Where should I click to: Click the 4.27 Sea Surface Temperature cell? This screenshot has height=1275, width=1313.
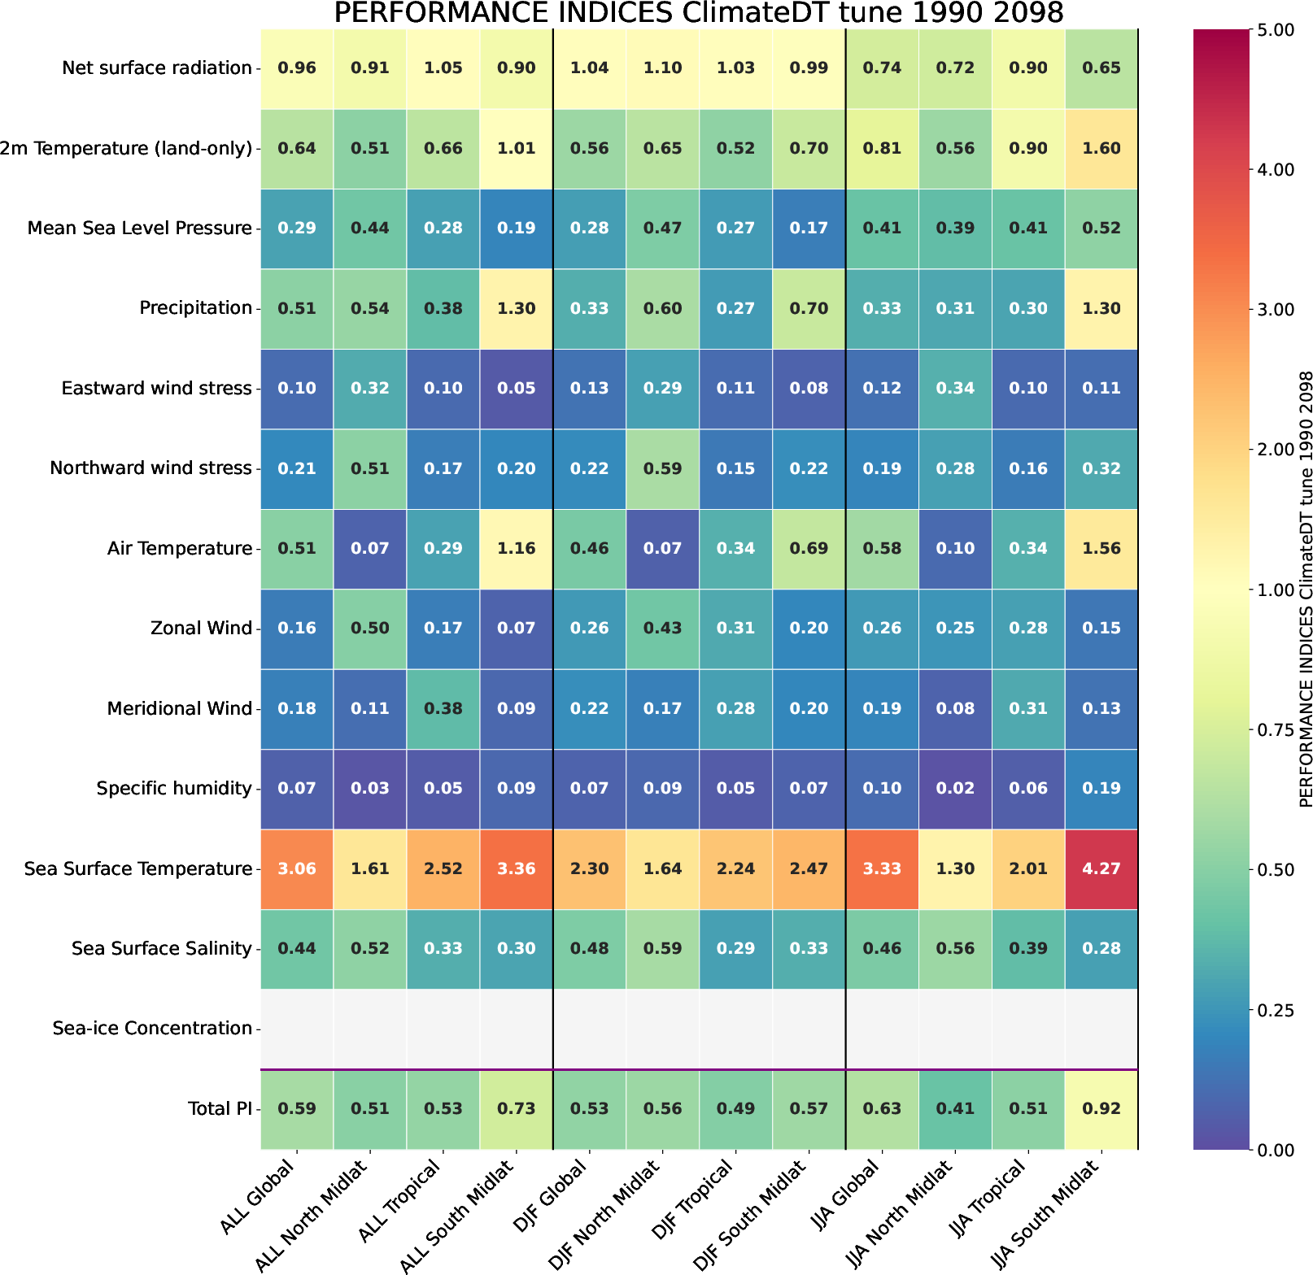click(1101, 868)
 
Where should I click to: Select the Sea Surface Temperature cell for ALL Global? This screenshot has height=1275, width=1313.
click(297, 868)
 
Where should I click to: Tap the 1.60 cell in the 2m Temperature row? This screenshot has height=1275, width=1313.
click(1101, 148)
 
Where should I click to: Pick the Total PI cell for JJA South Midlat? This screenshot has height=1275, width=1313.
click(1101, 1108)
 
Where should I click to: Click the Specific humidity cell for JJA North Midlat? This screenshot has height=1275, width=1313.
click(955, 788)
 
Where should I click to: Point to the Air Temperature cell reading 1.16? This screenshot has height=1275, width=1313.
click(517, 548)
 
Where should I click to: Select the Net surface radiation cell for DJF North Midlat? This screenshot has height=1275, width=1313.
click(663, 68)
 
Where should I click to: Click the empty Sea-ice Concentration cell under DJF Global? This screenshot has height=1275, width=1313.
click(590, 1029)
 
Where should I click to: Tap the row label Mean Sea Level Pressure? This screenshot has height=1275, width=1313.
click(139, 228)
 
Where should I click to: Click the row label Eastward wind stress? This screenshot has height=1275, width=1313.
click(156, 389)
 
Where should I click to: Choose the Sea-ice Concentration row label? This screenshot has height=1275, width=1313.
click(152, 1029)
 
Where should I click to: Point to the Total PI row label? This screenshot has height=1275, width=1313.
click(220, 1108)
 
